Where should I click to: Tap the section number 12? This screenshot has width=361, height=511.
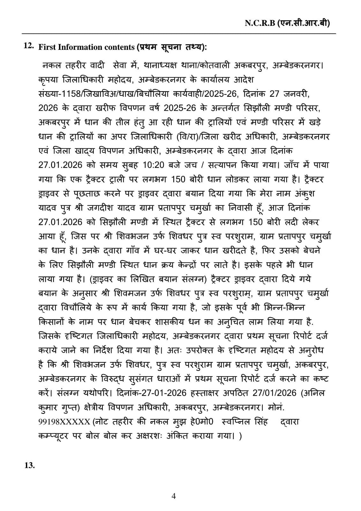(29, 46)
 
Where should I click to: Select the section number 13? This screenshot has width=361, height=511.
(29, 465)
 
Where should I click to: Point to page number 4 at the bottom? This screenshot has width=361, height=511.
(174, 496)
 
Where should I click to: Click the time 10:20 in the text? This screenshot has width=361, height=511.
(154, 165)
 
